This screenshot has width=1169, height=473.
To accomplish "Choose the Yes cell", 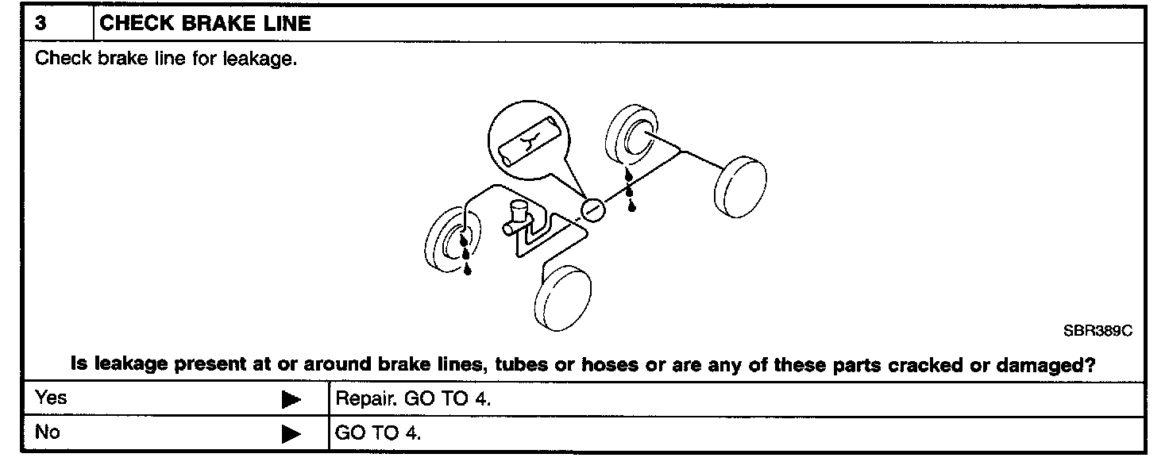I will (x=52, y=398).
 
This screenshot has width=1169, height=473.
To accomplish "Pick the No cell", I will (x=48, y=433).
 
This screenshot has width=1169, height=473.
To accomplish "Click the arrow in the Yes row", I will (x=291, y=399).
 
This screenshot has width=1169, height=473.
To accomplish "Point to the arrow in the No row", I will (x=291, y=435).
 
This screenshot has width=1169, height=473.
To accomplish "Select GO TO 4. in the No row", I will (x=378, y=434).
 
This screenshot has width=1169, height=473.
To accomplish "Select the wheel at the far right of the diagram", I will (x=740, y=187).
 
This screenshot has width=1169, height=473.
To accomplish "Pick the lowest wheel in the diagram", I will (x=563, y=297).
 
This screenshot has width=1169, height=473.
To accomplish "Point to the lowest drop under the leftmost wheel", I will (x=467, y=270).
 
